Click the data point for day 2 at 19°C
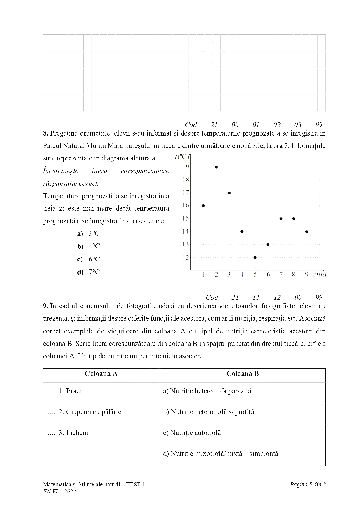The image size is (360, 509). (216, 167)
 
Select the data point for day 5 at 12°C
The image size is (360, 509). (255, 257)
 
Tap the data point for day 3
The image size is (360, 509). (229, 193)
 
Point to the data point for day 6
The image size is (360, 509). (268, 244)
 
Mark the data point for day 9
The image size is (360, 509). (307, 232)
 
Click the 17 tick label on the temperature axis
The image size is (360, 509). (186, 192)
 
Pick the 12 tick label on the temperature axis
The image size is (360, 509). (186, 257)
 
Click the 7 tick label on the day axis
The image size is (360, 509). (281, 275)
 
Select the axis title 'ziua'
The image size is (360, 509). (319, 274)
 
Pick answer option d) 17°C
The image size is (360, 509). (88, 272)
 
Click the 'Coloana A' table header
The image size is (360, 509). (101, 373)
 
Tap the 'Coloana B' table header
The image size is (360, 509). (243, 373)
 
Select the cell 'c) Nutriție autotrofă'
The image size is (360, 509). (192, 433)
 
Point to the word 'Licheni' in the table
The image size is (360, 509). (77, 433)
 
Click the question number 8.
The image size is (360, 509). (45, 133)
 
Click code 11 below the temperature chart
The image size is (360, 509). (256, 297)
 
